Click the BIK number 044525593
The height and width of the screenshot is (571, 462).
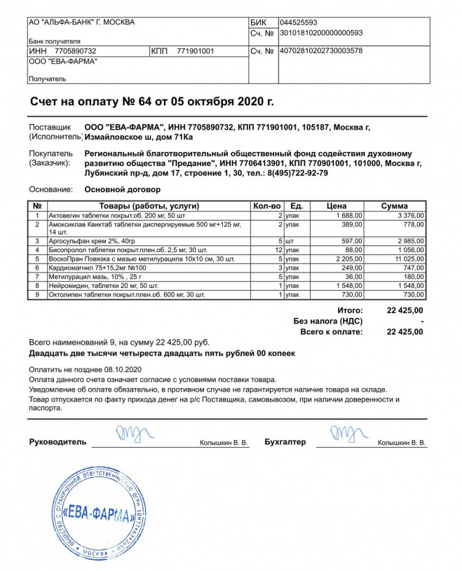[x=298, y=22]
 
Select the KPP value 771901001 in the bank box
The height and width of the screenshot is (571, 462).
[x=196, y=51]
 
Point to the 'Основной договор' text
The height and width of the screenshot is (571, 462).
[x=123, y=189]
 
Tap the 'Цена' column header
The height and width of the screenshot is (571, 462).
[x=337, y=206]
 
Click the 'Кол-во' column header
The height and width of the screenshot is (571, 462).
[x=266, y=206]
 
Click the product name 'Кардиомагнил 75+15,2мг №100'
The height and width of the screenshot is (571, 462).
[x=97, y=268]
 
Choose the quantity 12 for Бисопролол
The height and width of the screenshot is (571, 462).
[x=278, y=249]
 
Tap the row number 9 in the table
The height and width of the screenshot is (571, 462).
[x=36, y=295]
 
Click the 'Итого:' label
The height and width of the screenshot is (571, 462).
[x=349, y=310]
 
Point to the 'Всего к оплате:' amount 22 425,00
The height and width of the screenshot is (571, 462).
[x=405, y=332]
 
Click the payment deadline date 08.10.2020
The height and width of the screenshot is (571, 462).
[x=123, y=369]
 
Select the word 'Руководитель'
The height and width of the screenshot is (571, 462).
[x=58, y=442]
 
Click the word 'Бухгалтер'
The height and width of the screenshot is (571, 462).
[x=285, y=442]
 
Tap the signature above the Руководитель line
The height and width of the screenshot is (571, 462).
[x=131, y=433]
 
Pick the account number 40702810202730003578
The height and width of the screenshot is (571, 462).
[x=321, y=51]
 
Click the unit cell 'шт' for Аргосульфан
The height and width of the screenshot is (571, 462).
[x=290, y=240]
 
